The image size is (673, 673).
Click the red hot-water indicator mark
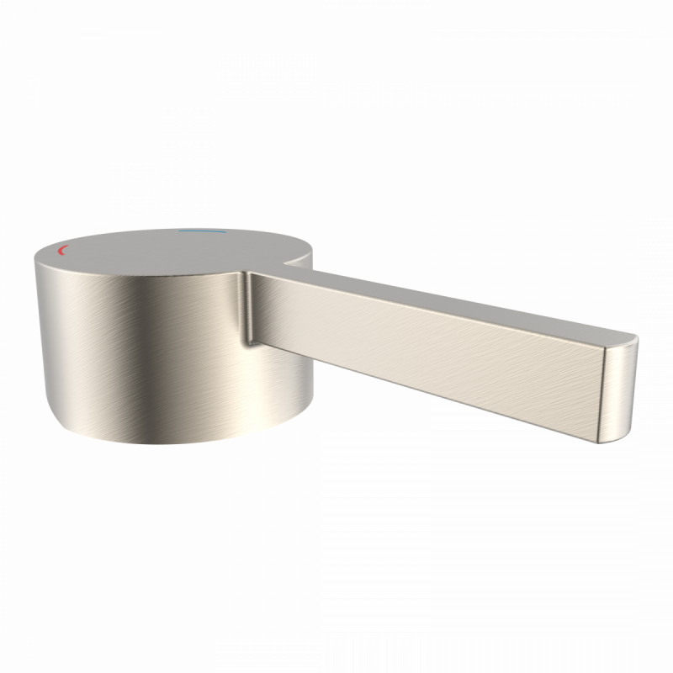[x=60, y=252]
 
